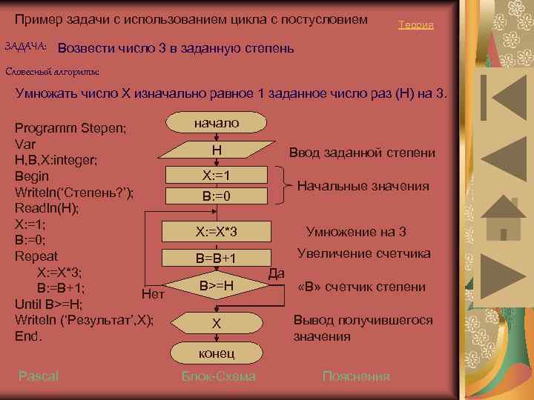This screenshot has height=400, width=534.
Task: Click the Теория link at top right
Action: coord(415,25)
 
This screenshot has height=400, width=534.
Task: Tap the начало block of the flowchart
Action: coord(216,123)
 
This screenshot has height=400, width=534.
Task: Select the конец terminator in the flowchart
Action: coord(216,353)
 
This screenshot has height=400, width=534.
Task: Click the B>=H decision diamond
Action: coord(216,285)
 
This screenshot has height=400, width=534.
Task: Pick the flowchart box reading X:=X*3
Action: coord(216,233)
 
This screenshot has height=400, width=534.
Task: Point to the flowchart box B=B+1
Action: coord(216,259)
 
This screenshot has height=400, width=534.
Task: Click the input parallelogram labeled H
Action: coord(216,150)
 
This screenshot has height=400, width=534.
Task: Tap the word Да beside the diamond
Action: coord(276,273)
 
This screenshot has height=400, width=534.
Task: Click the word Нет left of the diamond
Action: coord(152,294)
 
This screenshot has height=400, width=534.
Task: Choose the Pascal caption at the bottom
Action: coord(39,376)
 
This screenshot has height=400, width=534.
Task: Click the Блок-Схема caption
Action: coord(219,376)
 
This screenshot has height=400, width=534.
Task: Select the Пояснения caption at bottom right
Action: coord(356,376)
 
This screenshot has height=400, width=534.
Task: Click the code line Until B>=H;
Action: coord(49,304)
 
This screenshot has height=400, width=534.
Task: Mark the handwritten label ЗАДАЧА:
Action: coord(26,47)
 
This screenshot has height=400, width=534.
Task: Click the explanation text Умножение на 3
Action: coord(356,231)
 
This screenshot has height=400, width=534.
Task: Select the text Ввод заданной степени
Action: coord(362,153)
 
